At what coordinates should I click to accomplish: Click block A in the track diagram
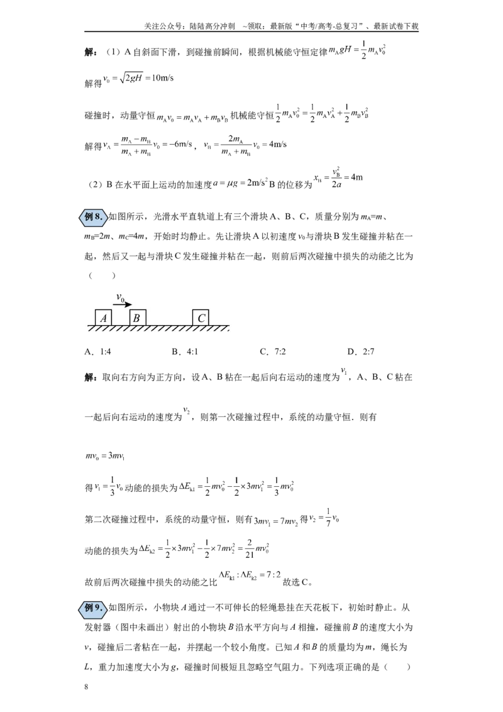(x=103, y=318)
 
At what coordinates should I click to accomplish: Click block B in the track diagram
(x=138, y=318)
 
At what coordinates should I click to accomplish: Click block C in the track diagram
(x=201, y=318)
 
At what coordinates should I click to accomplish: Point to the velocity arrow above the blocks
(x=122, y=304)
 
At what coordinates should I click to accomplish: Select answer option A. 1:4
(x=97, y=352)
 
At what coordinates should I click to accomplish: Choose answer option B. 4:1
(x=185, y=352)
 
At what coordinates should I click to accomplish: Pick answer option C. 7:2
(x=273, y=352)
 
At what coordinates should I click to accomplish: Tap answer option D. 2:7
(x=361, y=352)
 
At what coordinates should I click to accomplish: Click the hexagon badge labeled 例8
(x=94, y=216)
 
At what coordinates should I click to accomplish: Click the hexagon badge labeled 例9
(x=94, y=608)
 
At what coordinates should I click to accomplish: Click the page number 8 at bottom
(x=86, y=687)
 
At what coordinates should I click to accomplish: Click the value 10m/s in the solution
(x=162, y=78)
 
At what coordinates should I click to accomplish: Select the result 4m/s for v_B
(x=278, y=145)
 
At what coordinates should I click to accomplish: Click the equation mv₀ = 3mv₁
(x=105, y=455)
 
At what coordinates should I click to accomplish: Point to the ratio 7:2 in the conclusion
(x=274, y=574)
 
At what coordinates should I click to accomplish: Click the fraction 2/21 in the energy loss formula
(x=249, y=548)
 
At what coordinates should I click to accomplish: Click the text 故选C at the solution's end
(x=297, y=582)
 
